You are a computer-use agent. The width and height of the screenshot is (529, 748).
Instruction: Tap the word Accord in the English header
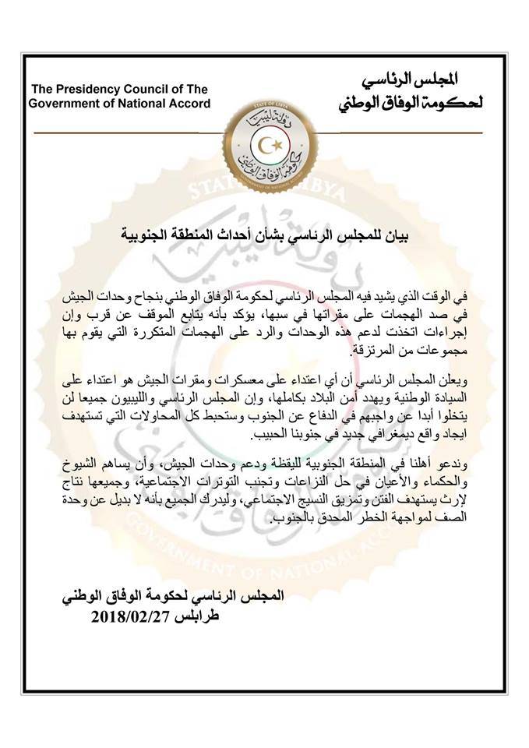pyautogui.click(x=190, y=104)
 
